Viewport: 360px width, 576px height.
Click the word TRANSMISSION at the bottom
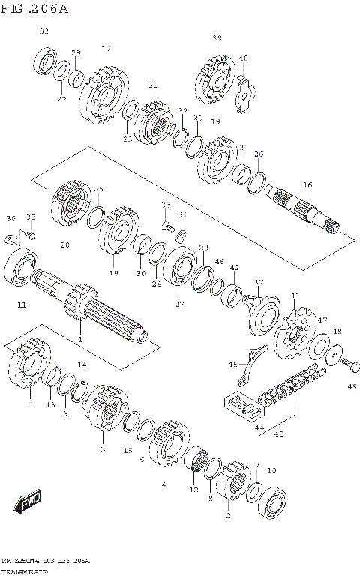pos(26,571)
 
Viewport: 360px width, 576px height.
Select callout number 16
pos(307,184)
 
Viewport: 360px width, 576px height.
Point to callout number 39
pos(217,38)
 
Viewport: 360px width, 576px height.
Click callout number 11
pos(21,305)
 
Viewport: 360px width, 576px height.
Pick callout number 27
pos(178,304)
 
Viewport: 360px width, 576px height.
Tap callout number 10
pos(271,470)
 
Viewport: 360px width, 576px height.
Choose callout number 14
pos(82,364)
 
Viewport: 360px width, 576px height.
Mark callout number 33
pos(43,31)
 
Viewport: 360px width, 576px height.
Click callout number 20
pos(64,244)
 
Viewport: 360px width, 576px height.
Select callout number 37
pos(259,282)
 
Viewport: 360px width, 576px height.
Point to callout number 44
pos(261,427)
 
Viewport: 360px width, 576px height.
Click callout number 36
pos(10,218)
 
